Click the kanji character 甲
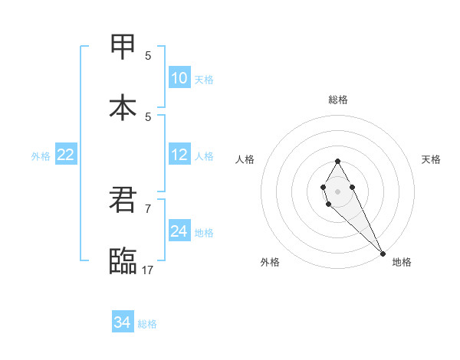[x=123, y=46]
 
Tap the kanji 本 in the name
[x=123, y=106]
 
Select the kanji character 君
[x=123, y=199]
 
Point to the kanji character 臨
[x=123, y=260]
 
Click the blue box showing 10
[x=179, y=78]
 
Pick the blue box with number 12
[x=179, y=155]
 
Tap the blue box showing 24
[x=179, y=231]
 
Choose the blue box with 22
[x=65, y=155]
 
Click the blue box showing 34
[x=122, y=322]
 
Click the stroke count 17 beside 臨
[x=148, y=269]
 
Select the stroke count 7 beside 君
[x=148, y=208]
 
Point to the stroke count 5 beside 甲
[x=148, y=55]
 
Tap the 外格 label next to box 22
[x=41, y=156]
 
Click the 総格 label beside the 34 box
[x=147, y=324]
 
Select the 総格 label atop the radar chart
[x=338, y=100]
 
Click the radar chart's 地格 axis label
[x=402, y=262]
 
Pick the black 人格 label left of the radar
[x=245, y=159]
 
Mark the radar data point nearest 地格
[x=383, y=253]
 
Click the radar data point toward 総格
[x=337, y=161]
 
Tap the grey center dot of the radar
[x=337, y=191]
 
